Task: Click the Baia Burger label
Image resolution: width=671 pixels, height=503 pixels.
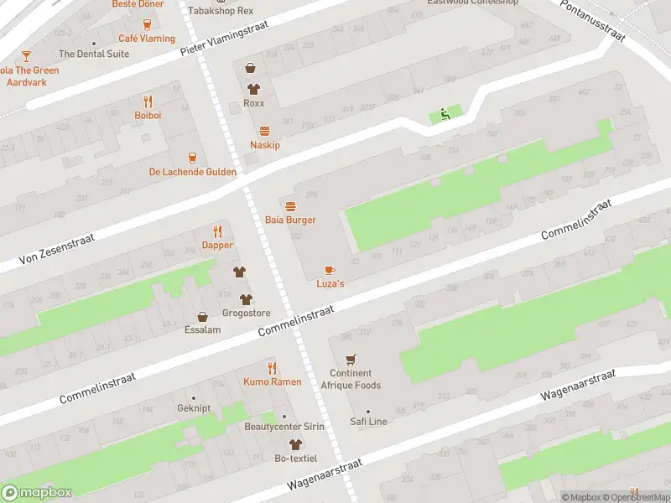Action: [290, 220]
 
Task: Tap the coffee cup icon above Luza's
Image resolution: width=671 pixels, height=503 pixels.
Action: [330, 270]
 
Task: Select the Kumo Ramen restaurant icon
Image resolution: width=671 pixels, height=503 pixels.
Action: [272, 368]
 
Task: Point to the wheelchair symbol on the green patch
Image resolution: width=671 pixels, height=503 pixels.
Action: [445, 116]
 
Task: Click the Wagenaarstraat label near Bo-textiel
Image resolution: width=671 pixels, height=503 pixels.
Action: [324, 474]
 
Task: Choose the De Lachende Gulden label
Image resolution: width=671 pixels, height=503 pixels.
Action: [192, 172]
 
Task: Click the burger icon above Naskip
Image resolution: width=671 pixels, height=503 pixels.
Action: [265, 131]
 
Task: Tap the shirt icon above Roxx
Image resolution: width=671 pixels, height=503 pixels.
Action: [252, 89]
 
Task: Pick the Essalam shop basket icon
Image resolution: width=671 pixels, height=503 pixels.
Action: [202, 317]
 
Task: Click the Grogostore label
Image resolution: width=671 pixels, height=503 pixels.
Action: [246, 314]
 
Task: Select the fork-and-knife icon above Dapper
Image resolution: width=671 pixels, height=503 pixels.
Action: [217, 231]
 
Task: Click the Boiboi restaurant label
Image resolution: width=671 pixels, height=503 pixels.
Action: [148, 115]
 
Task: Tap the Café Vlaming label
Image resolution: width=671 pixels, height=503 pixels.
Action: [147, 39]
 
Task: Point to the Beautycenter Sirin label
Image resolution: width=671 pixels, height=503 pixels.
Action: [284, 427]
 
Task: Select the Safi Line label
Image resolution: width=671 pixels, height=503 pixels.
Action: [368, 422]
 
